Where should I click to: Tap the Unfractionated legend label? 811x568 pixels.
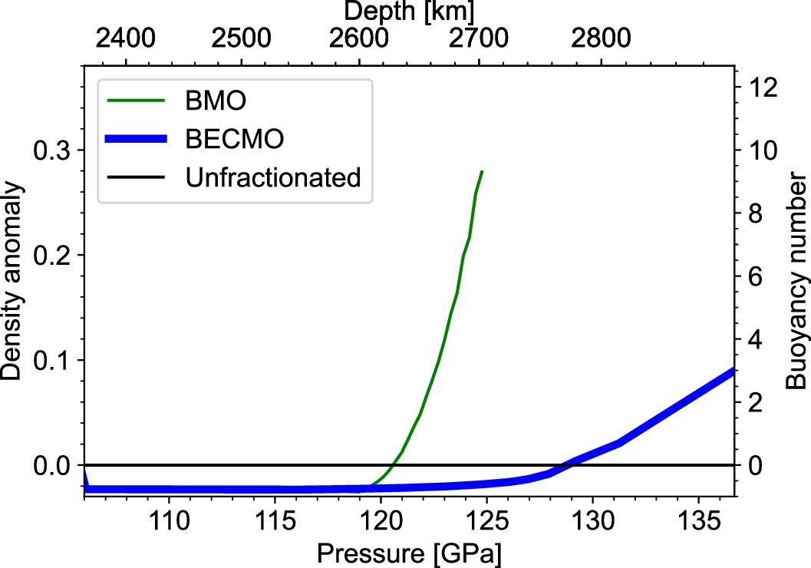coord(273,178)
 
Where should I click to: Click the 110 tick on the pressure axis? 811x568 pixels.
coord(167,520)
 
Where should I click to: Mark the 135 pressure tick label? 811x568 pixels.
coord(697,520)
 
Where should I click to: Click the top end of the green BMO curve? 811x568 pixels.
coord(482,171)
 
